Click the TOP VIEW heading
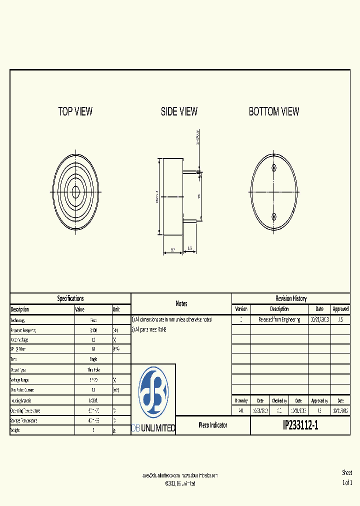coord(75,111)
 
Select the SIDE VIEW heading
coord(179,111)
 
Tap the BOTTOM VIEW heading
coord(274,111)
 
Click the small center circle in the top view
coord(76,191)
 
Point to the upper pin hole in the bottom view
coord(274,167)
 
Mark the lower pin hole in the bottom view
coord(274,216)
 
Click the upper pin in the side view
coord(190,172)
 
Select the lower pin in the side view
coord(190,220)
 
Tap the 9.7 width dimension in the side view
coord(173,248)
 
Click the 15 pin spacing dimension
coord(199,196)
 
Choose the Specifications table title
coord(70,298)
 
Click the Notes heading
coord(181,303)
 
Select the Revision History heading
coord(291,298)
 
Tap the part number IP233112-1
coord(300,425)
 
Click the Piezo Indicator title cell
coord(213,425)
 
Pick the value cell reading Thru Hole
coord(93,369)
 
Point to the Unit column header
coord(116,309)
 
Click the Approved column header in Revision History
coord(340,309)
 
